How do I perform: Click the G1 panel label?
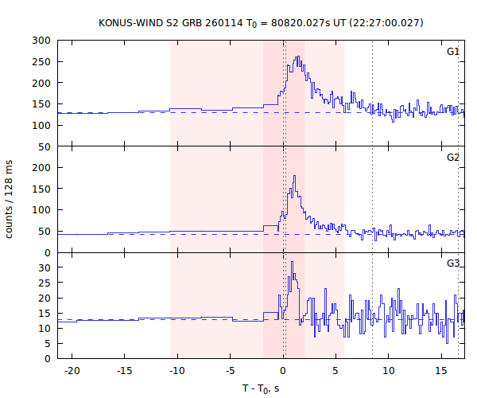pyautogui.click(x=452, y=52)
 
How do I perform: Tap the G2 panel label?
pyautogui.click(x=452, y=158)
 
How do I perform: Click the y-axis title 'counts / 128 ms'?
pyautogui.click(x=10, y=199)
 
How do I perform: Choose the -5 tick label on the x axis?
pyautogui.click(x=230, y=371)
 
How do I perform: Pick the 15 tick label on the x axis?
pyautogui.click(x=441, y=371)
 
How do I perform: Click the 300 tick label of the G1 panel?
pyautogui.click(x=42, y=41)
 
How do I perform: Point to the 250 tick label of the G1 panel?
pyautogui.click(x=42, y=61)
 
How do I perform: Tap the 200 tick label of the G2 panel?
pyautogui.click(x=42, y=168)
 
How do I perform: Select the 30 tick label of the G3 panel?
pyautogui.click(x=45, y=267)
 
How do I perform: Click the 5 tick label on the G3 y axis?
pyautogui.click(x=48, y=343)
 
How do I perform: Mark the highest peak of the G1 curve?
pyautogui.click(x=298, y=57)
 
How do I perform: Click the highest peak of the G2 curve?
pyautogui.click(x=294, y=177)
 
